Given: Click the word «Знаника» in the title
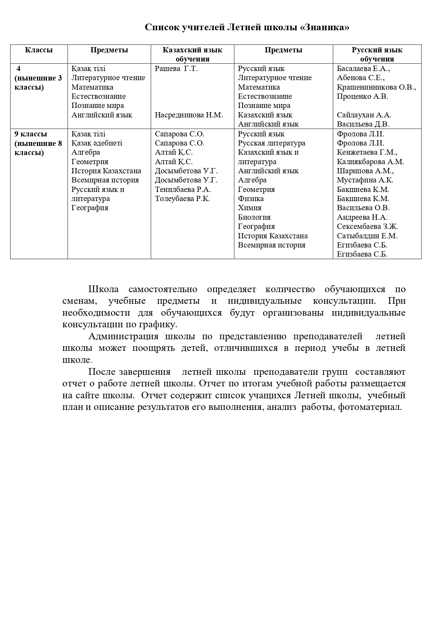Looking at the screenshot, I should [325, 27].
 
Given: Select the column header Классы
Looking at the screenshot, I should [39, 50].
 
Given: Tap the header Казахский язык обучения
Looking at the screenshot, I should [192, 54].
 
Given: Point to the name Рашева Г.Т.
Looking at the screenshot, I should [176, 69].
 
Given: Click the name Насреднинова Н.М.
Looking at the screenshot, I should [189, 115].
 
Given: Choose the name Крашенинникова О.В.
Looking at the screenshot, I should [376, 87].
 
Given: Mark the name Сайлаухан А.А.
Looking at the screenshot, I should [364, 115].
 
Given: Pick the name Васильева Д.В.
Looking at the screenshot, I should [363, 124].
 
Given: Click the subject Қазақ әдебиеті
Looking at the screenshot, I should [97, 143].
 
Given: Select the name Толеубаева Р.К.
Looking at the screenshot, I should [182, 199].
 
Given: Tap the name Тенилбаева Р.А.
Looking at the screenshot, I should [183, 189].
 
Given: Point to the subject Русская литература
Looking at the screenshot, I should [271, 143].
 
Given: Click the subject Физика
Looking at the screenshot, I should [251, 199].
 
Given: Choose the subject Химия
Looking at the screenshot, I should [250, 208].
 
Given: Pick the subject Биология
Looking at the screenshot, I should [254, 217].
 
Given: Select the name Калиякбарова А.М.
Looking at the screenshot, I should [370, 162].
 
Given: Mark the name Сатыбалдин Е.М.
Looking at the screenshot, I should [367, 236].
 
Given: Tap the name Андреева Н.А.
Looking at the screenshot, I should [362, 217].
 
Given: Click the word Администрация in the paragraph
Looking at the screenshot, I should [123, 336].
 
